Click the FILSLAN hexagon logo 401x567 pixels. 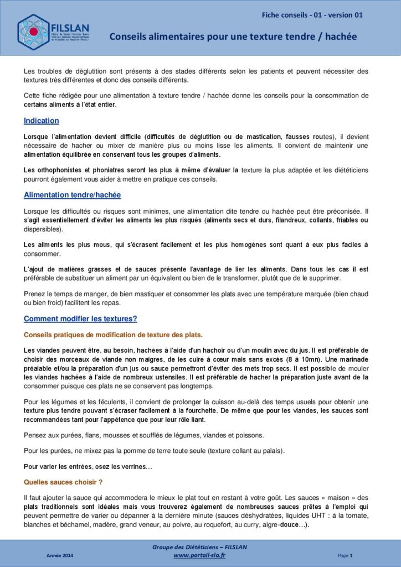point(33,32)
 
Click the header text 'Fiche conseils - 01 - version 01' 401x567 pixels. point(312,15)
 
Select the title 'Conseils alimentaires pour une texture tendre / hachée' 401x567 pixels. point(233,37)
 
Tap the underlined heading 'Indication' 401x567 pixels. point(42,121)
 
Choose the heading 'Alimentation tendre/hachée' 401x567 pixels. point(72,195)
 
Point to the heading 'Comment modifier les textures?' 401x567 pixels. point(80,319)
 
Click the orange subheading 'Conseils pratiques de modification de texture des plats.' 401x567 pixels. point(113,335)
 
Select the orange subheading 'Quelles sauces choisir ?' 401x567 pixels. point(63,482)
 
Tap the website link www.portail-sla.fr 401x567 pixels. point(199,555)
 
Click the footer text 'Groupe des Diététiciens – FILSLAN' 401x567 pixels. point(199,547)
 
